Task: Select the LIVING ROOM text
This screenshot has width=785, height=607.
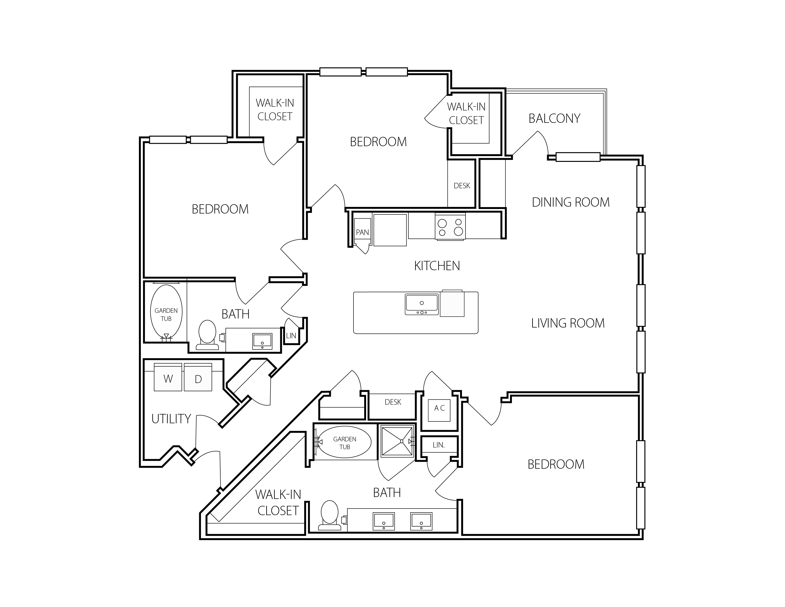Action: (x=568, y=323)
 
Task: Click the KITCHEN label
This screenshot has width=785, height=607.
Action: (x=437, y=266)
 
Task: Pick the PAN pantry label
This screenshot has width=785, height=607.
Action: (x=362, y=232)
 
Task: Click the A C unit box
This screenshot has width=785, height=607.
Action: (x=439, y=410)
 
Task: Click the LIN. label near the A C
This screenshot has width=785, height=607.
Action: (x=439, y=445)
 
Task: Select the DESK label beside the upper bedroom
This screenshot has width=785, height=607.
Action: (x=462, y=186)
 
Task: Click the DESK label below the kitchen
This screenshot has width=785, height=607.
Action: (x=393, y=402)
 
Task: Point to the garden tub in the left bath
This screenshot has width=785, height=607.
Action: (x=166, y=311)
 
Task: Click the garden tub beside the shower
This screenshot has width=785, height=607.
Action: (x=345, y=443)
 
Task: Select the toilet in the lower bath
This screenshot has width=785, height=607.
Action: (x=330, y=516)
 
